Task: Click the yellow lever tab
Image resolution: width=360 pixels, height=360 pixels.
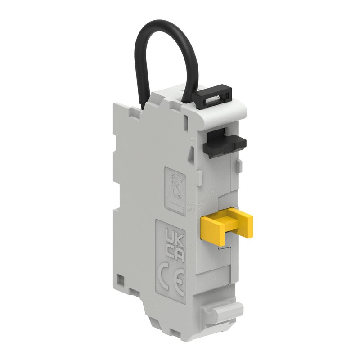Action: tap(226, 226)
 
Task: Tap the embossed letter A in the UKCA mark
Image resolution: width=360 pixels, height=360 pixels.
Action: tap(180, 256)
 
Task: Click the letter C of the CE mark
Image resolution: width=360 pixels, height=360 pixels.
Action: tap(165, 277)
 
